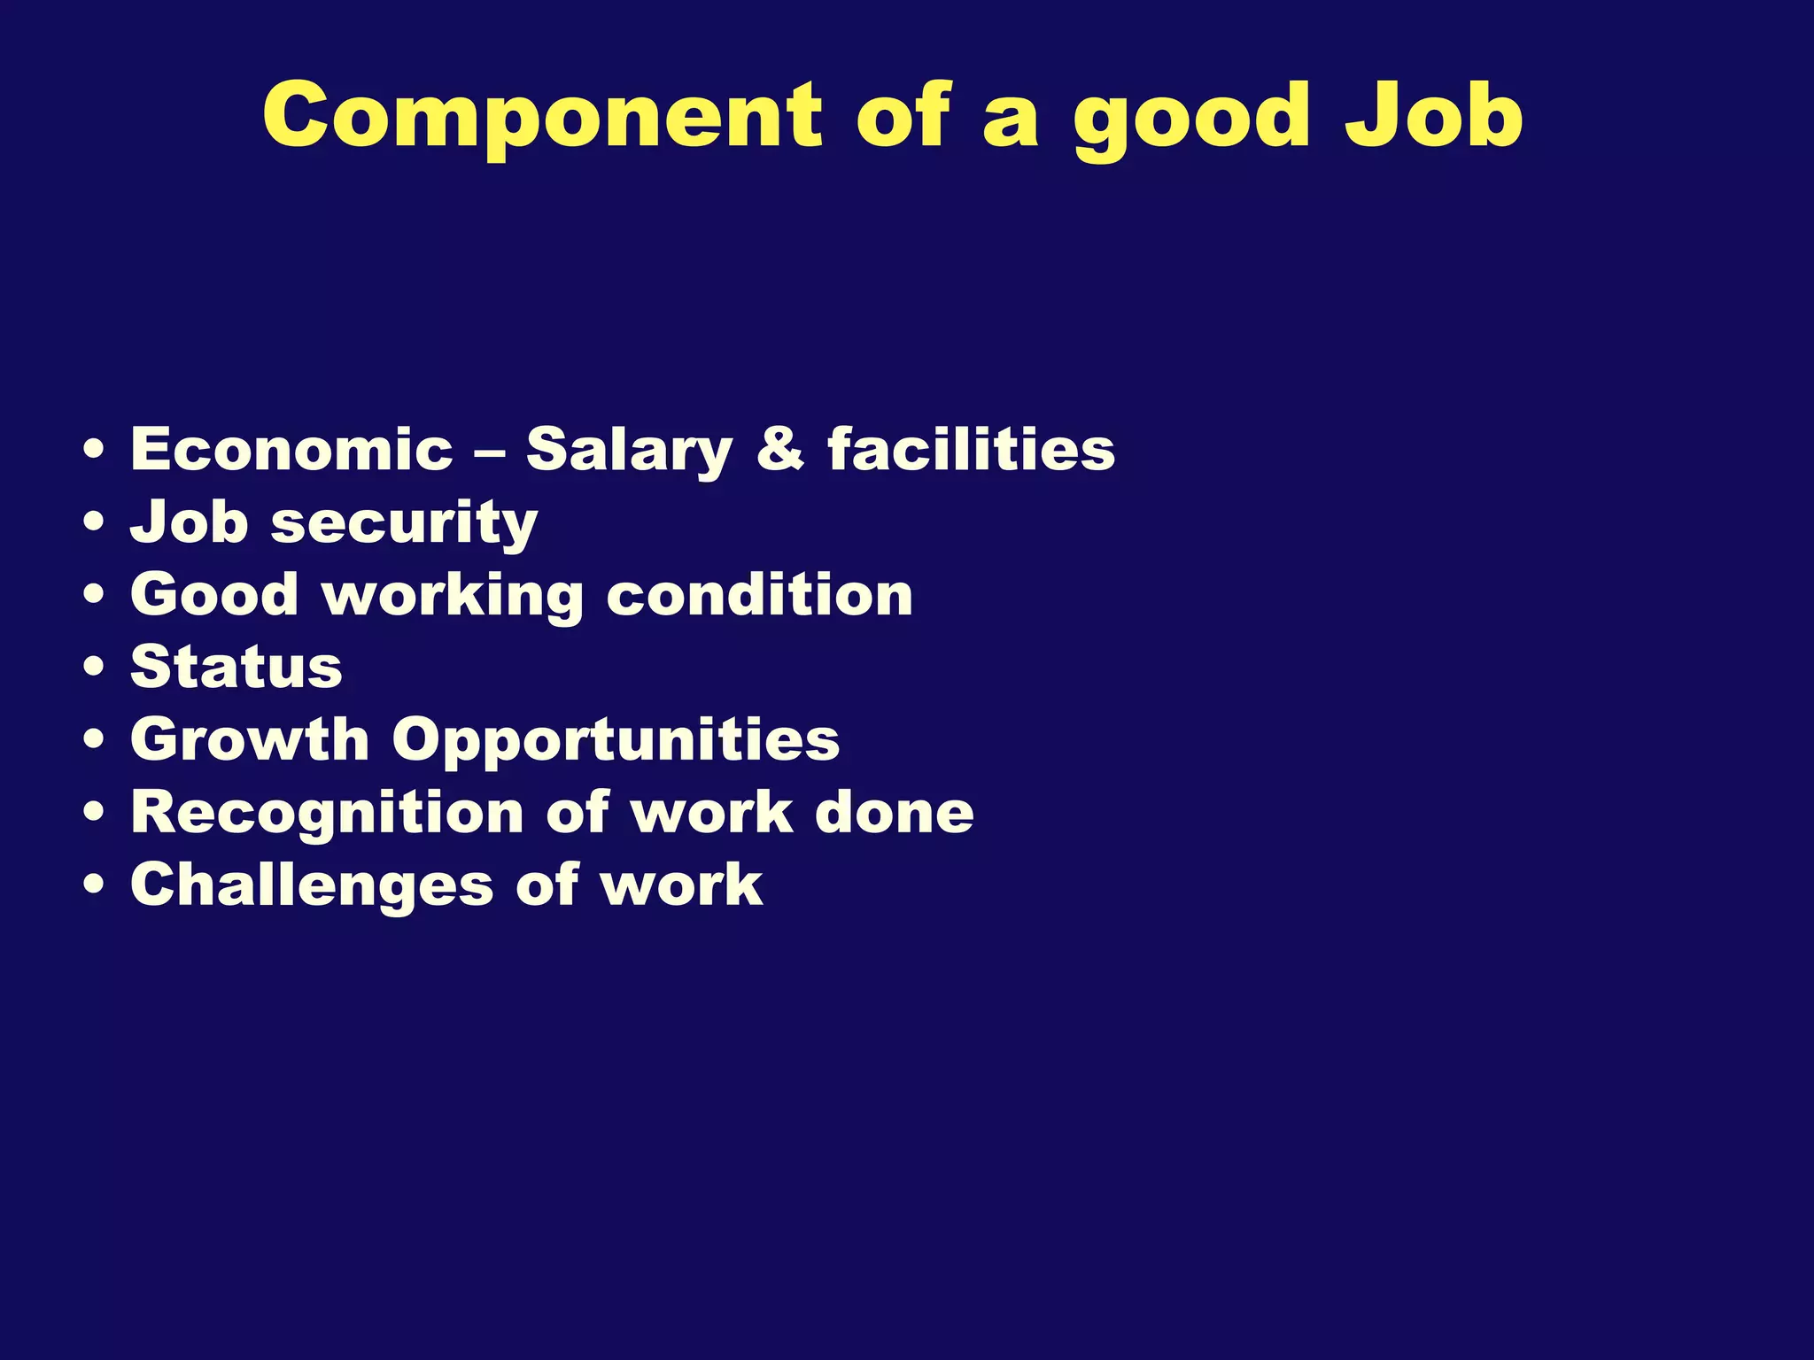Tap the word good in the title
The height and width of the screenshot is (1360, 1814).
point(1191,120)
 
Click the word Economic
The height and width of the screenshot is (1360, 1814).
point(291,449)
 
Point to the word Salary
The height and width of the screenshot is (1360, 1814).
point(629,452)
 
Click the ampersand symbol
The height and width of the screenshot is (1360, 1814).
point(780,448)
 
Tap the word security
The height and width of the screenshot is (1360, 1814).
point(404,524)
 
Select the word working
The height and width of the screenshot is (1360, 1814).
point(453,596)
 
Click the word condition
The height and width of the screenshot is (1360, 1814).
point(760,594)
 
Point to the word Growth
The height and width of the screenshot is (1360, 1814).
point(250,739)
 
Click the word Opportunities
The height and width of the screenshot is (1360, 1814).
point(616,742)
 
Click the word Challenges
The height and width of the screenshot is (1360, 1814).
point(312,885)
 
